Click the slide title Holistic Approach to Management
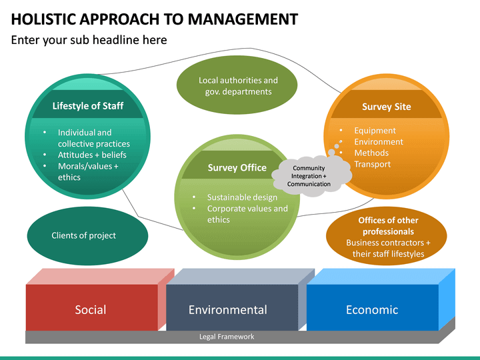[x=155, y=18]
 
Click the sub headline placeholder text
[x=89, y=40]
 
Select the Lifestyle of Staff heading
[x=88, y=106]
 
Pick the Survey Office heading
[x=237, y=168]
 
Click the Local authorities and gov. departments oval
[x=238, y=86]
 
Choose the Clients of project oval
[x=84, y=235]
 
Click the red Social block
[x=91, y=309]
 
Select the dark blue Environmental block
[x=227, y=309]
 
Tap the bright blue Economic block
[x=371, y=309]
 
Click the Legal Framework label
[x=227, y=337]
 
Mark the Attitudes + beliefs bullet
[x=92, y=155]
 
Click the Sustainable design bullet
[x=242, y=197]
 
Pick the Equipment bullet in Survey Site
[x=375, y=131]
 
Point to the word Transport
[x=372, y=165]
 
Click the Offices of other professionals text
[x=388, y=226]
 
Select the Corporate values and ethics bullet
[x=247, y=214]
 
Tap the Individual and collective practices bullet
[x=93, y=138]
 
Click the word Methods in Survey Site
[x=371, y=153]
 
